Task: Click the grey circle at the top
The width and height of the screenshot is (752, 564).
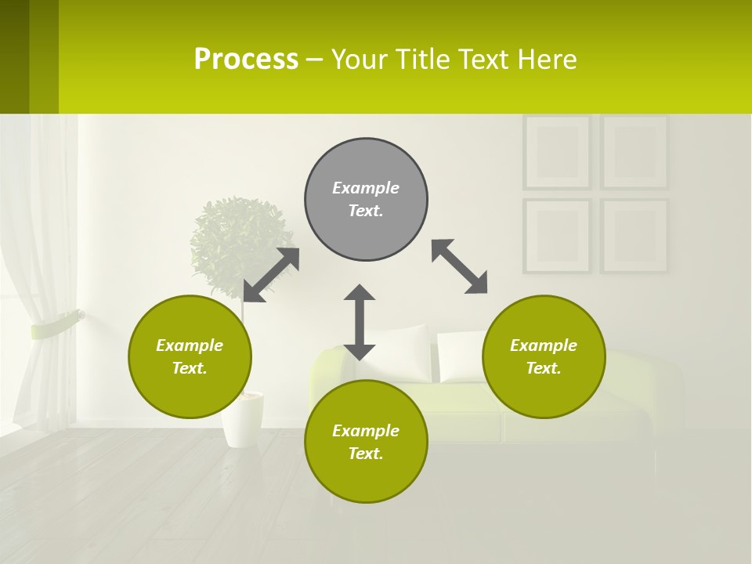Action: click(x=366, y=199)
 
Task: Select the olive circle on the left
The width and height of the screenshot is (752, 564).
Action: click(x=190, y=356)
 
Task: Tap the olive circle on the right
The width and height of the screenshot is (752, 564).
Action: click(x=544, y=356)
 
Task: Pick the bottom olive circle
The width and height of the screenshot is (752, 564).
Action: click(x=366, y=442)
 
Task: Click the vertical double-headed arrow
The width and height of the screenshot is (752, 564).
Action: click(x=360, y=322)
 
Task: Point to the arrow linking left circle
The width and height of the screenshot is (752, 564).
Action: click(x=271, y=275)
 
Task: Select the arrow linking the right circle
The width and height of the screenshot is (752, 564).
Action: click(x=460, y=266)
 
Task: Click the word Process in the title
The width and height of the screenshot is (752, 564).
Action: click(x=246, y=60)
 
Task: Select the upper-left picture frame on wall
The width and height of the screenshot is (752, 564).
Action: click(x=557, y=152)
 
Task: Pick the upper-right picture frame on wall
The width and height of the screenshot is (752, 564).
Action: click(x=634, y=152)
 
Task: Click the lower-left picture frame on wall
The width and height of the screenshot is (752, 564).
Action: click(x=557, y=235)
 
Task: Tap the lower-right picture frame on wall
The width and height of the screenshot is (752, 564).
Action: click(x=634, y=235)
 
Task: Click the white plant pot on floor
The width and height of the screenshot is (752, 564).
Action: click(x=242, y=419)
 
